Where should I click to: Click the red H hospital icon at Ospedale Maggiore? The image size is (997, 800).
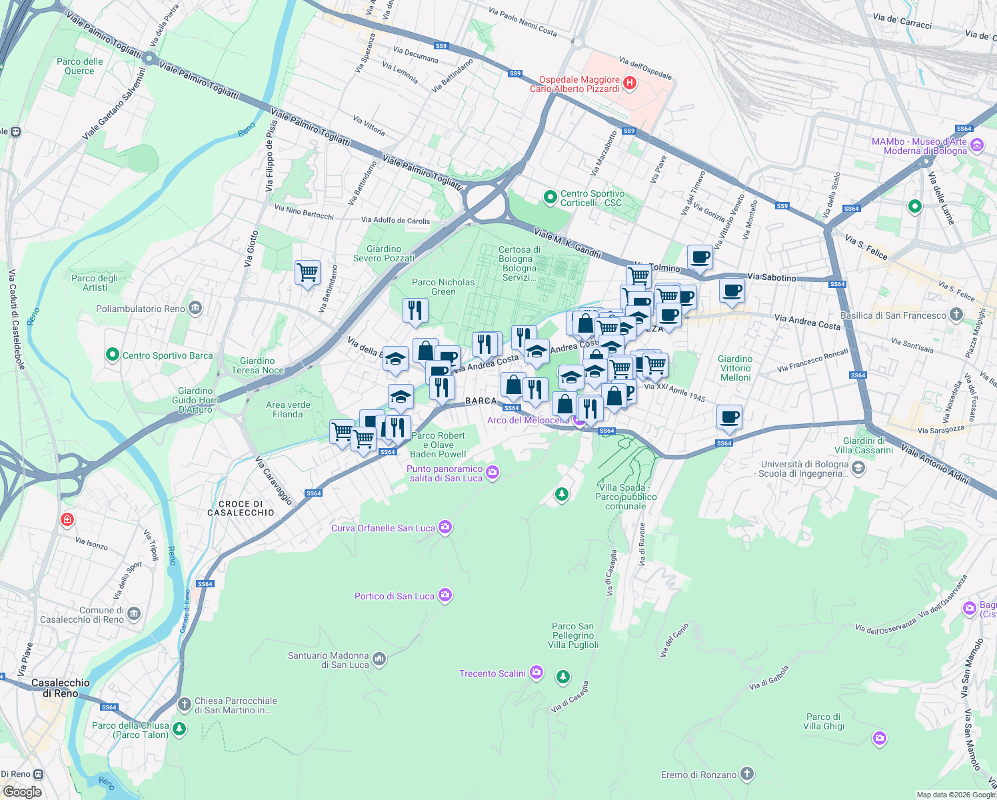630,83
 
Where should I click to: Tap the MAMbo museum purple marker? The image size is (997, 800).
977,145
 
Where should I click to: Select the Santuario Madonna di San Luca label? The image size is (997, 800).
329,660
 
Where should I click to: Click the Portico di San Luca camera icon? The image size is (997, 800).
445,595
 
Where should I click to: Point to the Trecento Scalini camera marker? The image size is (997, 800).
536,673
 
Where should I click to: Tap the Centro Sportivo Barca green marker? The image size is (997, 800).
113,355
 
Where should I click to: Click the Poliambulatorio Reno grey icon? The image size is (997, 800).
195,308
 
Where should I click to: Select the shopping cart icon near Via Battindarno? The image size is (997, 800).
307,272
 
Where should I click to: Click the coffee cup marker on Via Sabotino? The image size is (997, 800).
732,291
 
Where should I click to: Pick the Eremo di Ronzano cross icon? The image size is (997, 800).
747,774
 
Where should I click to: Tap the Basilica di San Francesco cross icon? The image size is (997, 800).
956,315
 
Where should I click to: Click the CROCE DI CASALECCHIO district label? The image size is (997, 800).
241,509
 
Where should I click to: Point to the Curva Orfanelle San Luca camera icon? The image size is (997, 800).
445,527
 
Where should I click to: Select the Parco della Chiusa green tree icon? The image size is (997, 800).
179,729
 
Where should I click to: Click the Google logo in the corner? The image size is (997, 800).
22,791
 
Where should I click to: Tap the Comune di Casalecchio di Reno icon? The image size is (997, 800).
134,613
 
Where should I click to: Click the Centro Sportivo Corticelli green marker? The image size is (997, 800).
550,197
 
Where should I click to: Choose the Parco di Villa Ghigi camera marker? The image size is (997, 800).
880,737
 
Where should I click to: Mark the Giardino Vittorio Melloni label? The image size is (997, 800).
735,368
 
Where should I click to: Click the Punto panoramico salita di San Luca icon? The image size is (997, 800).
493,473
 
